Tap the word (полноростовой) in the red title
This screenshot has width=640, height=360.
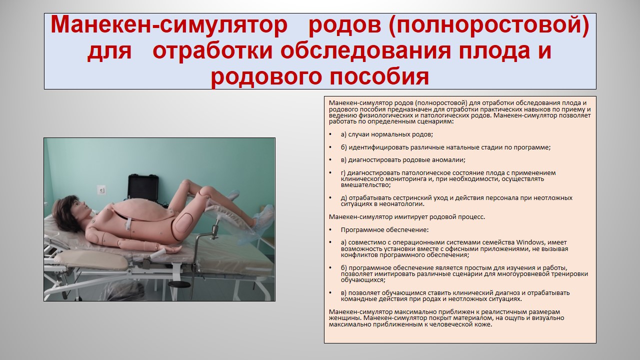coord(449,25)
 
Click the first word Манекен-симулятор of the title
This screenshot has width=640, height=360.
coord(169,24)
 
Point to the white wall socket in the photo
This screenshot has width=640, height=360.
coord(101,189)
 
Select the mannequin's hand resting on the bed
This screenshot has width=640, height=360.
coord(173,250)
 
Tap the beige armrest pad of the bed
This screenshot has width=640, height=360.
coord(91,260)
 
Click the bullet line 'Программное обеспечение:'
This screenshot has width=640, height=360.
coord(384,229)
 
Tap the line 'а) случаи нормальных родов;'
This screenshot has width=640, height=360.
coord(387,134)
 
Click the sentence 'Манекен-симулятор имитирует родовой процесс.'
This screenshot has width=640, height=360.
coord(407,217)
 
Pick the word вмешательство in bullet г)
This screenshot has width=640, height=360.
coord(365,185)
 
